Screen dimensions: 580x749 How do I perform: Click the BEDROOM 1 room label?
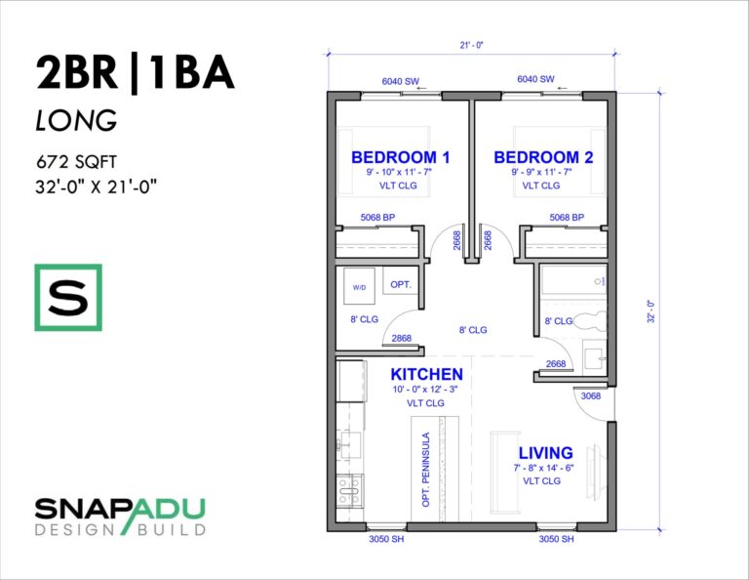coord(400,157)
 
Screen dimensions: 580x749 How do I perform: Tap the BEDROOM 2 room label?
coord(542,157)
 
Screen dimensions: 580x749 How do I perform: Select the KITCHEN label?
coord(426,375)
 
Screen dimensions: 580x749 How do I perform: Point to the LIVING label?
coord(545,453)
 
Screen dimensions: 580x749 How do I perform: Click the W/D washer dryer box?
coord(359,287)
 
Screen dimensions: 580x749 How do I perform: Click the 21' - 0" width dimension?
coord(471,45)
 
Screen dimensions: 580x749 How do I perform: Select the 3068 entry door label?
coord(590,397)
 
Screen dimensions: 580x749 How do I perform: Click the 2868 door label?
coord(400,339)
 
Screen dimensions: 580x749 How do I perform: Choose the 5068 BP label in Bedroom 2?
coord(566,217)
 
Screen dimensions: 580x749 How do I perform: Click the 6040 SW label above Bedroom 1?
coord(400,79)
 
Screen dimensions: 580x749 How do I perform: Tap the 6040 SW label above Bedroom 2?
coord(535,79)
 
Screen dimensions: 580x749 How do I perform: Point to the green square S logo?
coord(67,297)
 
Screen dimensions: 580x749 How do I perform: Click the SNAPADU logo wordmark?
coord(120,508)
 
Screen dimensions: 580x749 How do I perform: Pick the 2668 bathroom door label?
coord(556,364)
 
